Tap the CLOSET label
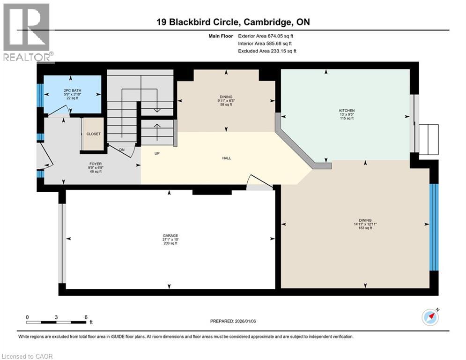pos(93,134)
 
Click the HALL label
pos(227,158)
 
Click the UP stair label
pos(158,153)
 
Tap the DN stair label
pos(122,150)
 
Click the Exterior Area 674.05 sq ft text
pos(266,36)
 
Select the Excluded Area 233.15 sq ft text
pos(267,51)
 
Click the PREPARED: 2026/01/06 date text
pos(232,321)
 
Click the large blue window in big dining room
pos(434,227)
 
